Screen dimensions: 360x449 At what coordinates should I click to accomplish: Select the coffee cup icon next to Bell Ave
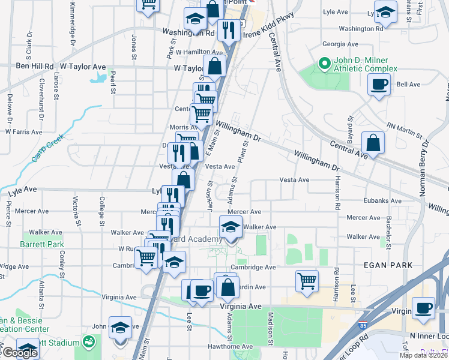click(x=379, y=85)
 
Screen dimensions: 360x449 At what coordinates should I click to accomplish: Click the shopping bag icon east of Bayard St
click(x=373, y=143)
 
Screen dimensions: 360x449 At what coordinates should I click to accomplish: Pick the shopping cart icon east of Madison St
click(x=307, y=280)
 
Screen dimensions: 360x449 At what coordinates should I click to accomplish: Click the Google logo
click(x=19, y=353)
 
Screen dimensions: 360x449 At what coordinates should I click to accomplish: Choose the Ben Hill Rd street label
click(x=35, y=66)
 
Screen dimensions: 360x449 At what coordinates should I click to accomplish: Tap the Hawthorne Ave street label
click(x=231, y=346)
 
